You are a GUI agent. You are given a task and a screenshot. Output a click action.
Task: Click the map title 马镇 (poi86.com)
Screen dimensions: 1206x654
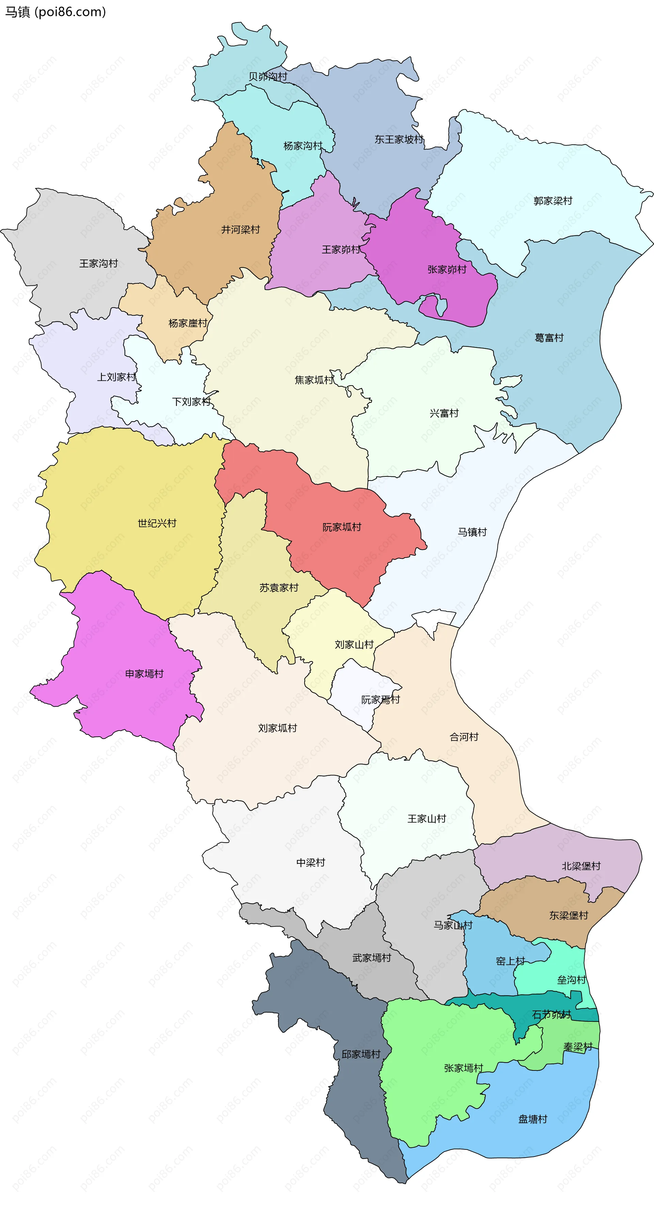tap(55, 12)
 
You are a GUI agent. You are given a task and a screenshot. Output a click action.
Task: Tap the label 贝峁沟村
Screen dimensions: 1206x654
tap(267, 76)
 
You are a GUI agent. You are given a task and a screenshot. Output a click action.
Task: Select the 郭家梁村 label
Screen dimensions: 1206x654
tap(552, 201)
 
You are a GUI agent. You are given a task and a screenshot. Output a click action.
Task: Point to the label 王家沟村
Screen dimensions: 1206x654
tap(98, 264)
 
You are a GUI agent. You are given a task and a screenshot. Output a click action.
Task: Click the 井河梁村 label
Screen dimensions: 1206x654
tap(240, 230)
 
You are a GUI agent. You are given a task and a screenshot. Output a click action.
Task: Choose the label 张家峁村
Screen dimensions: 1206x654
tap(447, 270)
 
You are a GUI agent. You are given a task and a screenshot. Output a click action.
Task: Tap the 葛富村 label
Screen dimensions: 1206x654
tap(549, 338)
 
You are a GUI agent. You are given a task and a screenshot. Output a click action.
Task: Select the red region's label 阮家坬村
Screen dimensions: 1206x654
tap(342, 527)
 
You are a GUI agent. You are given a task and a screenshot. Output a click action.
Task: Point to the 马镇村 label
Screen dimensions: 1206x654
tap(472, 532)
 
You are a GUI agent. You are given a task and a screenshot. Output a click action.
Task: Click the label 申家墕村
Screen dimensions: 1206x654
tap(144, 674)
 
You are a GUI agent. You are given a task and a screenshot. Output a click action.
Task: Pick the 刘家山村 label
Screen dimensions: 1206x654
tap(354, 645)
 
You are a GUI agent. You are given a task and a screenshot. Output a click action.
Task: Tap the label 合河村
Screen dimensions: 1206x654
tap(464, 737)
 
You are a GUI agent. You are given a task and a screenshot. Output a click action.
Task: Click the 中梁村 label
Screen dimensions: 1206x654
tap(310, 862)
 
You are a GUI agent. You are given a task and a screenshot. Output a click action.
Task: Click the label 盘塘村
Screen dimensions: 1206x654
tap(532, 1119)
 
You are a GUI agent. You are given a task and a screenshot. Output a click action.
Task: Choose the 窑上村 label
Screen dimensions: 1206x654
tap(510, 961)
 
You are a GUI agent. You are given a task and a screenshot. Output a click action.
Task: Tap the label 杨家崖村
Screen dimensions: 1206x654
tap(187, 323)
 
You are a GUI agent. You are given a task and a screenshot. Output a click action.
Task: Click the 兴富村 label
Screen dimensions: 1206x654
tap(444, 413)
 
